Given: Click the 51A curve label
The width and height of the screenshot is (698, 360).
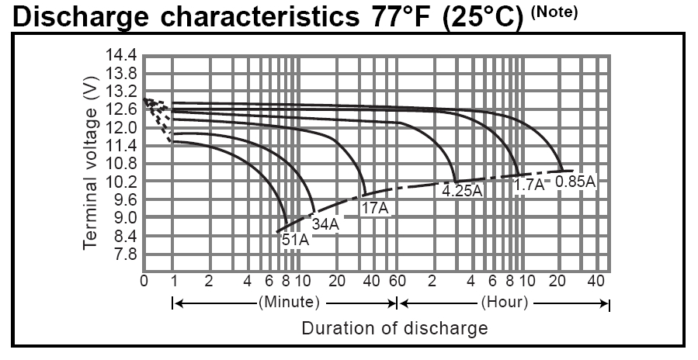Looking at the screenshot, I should coord(295,240).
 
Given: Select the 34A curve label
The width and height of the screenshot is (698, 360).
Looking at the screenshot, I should coord(325,224).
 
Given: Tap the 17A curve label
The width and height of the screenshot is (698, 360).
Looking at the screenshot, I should coord(374,208).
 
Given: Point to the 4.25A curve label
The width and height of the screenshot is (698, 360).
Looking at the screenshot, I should coord(463,189).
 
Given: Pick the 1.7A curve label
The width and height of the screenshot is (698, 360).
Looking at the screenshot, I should coord(529,185).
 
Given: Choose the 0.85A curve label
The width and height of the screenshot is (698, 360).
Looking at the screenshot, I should coord(575,182).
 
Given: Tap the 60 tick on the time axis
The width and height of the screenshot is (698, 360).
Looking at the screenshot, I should coord(398,280).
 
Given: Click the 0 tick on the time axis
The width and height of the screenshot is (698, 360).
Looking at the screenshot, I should coord(144,280).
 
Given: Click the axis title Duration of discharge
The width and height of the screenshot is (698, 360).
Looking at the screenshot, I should coord(394,327).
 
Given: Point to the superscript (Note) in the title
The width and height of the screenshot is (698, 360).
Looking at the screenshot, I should coord(555,12).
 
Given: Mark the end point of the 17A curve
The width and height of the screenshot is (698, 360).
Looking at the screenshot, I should coord(364,194).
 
